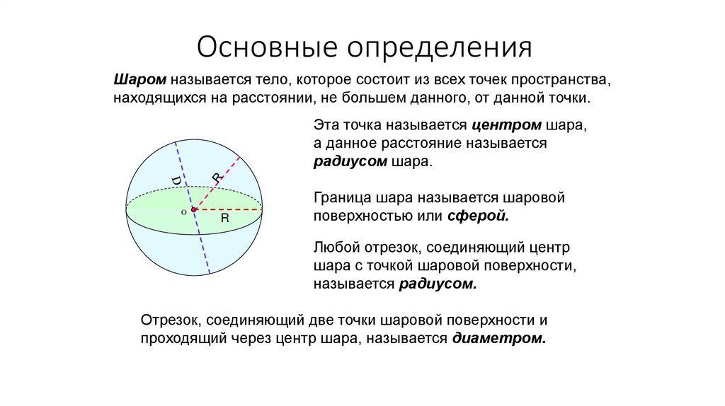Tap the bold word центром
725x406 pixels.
click(505, 125)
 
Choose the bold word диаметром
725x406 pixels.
click(498, 338)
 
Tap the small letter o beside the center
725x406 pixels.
click(183, 211)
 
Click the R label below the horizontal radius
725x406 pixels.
click(224, 219)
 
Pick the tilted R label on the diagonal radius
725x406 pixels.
click(217, 178)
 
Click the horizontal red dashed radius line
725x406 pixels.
click(230, 209)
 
